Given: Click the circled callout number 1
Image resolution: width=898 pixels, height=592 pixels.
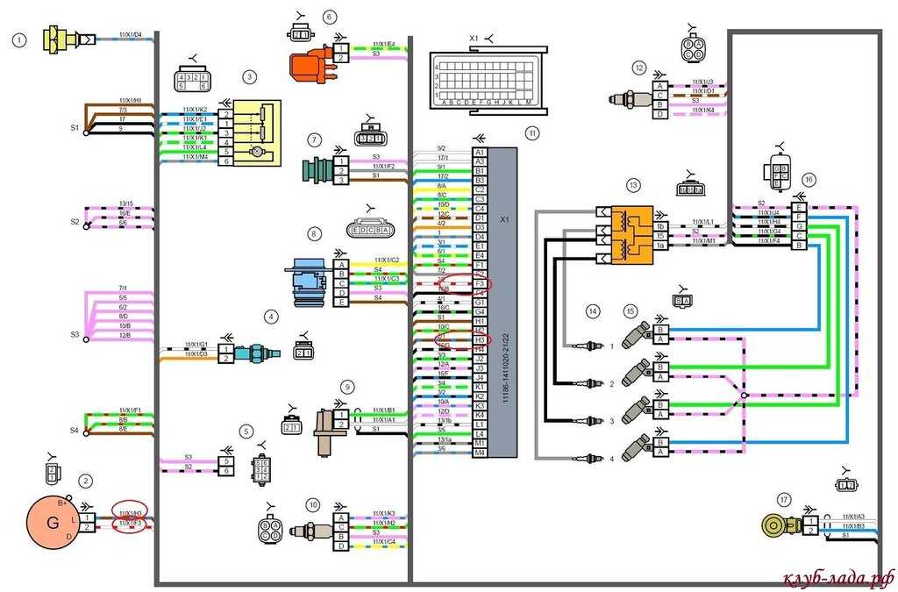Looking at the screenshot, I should pos(18,39).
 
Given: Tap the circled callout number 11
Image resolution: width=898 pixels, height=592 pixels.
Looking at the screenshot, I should pos(531,132).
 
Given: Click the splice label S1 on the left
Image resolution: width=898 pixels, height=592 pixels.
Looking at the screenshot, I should pos(75,127).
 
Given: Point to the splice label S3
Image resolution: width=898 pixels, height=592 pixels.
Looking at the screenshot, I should pos(75,334).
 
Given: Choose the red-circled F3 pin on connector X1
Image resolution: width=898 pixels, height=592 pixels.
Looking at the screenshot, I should pos(480,283).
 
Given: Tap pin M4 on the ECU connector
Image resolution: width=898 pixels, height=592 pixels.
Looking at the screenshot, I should pos(480,452).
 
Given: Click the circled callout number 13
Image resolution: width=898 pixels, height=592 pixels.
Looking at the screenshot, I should pos(633,185).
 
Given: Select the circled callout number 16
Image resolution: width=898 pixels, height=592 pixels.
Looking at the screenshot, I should pos(809,179).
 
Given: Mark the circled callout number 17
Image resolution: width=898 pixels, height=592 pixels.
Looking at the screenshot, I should pos(783,499).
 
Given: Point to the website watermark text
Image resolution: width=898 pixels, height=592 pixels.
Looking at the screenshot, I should pos(837,578).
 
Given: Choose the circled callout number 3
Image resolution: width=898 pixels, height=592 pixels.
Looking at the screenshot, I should pos(249,77).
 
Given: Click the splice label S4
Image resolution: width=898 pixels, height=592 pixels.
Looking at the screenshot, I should pos(75,431).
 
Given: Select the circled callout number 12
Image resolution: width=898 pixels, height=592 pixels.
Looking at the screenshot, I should pos(639,68).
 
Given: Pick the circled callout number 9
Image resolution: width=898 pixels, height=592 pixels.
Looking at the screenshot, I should pos(348,386).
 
